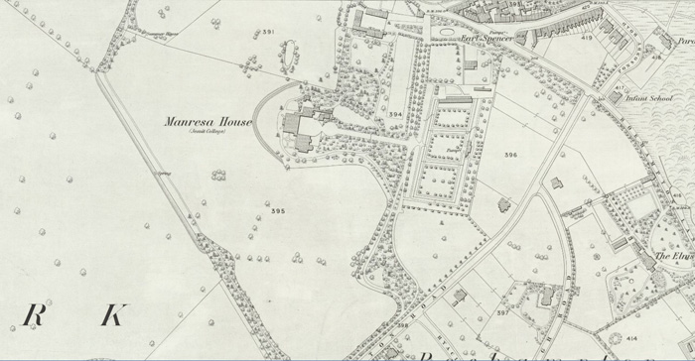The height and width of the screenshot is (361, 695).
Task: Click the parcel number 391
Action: click(267, 33)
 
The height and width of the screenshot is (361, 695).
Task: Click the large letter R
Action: click(34, 316)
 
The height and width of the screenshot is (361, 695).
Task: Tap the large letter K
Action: click(112, 316)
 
